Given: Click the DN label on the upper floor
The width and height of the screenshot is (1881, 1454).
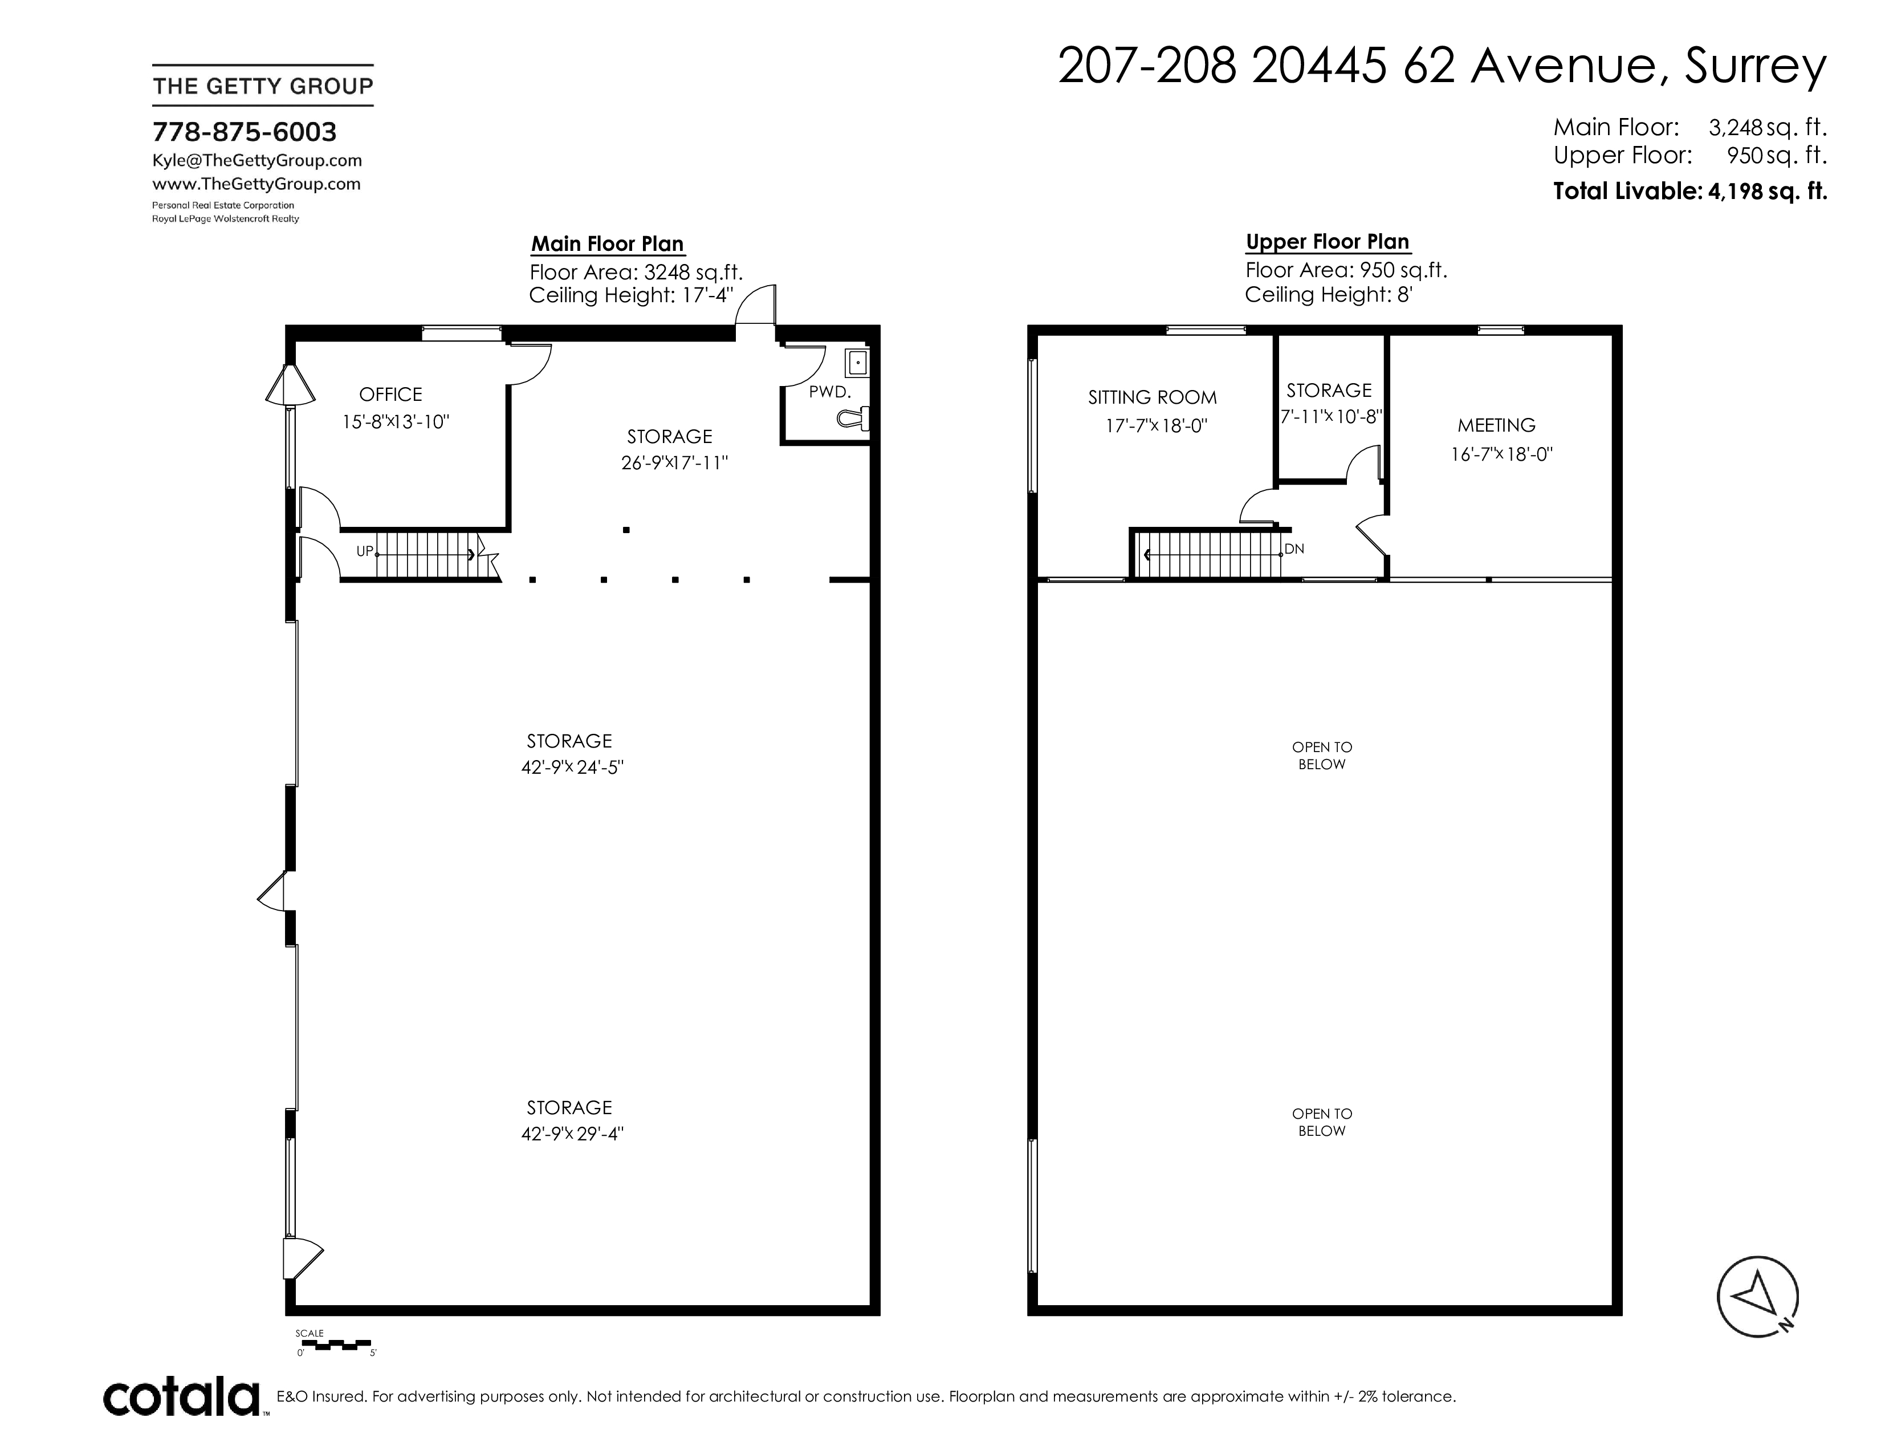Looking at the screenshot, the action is [1294, 549].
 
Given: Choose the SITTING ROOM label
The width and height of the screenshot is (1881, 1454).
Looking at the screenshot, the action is [1153, 398].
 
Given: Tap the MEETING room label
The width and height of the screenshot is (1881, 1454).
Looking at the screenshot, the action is [1497, 425].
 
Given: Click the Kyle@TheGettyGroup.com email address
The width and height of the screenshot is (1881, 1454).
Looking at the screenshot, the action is [256, 161].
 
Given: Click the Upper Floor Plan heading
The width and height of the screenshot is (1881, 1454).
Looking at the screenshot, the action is [1328, 242].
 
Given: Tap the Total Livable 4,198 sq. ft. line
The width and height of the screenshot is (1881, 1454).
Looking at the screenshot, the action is [1690, 191].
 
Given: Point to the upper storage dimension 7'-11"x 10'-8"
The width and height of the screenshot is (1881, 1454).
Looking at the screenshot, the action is [1332, 417].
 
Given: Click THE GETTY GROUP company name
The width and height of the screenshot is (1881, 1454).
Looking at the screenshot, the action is [263, 86].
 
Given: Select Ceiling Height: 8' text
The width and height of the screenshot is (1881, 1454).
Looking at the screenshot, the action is [1329, 295].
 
